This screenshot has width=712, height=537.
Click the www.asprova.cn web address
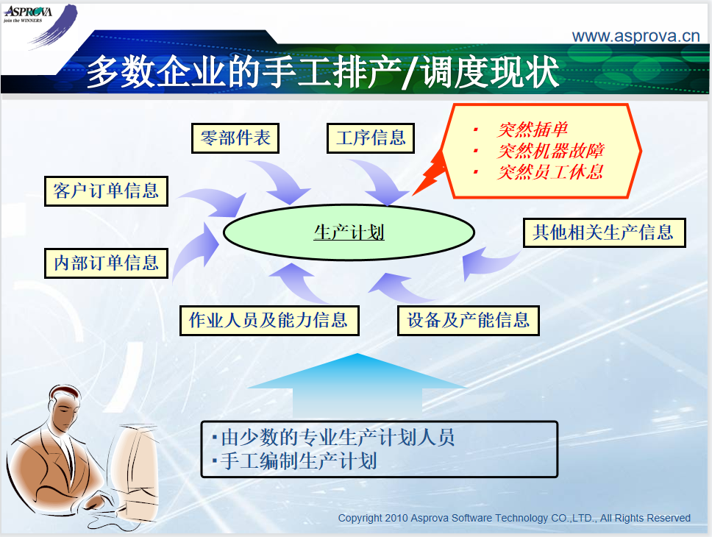pyautogui.click(x=636, y=36)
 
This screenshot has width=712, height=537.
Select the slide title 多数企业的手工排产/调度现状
pyautogui.click(x=323, y=72)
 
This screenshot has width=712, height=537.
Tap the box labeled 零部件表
pyautogui.click(x=235, y=138)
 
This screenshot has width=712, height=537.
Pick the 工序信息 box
pyautogui.click(x=371, y=138)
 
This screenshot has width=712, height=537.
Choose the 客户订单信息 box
pyautogui.click(x=106, y=191)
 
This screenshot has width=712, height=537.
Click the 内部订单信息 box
pyautogui.click(x=106, y=263)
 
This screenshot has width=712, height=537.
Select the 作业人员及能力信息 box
pyautogui.click(x=269, y=321)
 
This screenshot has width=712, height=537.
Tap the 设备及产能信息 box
pyautogui.click(x=468, y=321)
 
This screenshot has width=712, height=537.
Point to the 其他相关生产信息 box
pyautogui.click(x=605, y=232)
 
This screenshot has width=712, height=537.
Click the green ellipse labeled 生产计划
pyautogui.click(x=349, y=232)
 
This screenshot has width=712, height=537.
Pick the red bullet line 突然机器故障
pyautogui.click(x=550, y=151)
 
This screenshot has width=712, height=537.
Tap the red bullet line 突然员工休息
pyautogui.click(x=550, y=171)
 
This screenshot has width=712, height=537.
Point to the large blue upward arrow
pyautogui.click(x=357, y=386)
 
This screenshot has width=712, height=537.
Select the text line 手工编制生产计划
pyautogui.click(x=299, y=461)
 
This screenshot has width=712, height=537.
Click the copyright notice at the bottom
pyautogui.click(x=514, y=518)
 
